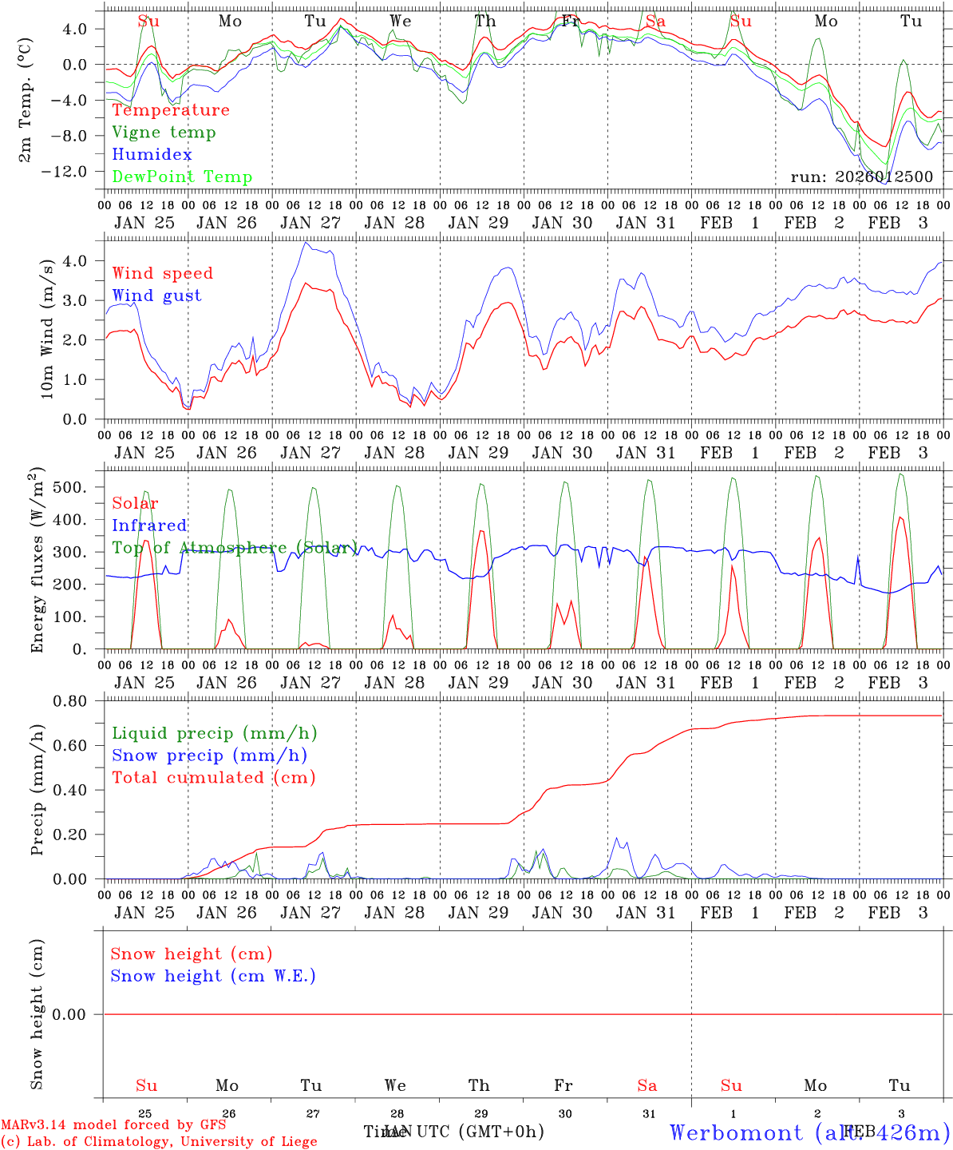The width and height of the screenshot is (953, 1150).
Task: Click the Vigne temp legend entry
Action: point(164,133)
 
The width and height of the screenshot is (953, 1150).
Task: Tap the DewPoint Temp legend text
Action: point(182,177)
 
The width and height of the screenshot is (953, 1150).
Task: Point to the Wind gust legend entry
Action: point(156,295)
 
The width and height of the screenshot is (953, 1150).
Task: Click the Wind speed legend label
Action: point(163,273)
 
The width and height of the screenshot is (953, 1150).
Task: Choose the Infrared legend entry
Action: point(149,525)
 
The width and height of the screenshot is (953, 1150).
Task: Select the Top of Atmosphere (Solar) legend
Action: point(235,548)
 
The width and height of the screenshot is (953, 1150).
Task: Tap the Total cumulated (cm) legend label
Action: point(214,778)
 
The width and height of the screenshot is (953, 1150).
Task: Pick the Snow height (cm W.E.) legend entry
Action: point(213,976)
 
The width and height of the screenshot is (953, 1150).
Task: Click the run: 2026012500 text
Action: point(861,176)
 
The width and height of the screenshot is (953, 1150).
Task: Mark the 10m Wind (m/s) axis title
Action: point(48,327)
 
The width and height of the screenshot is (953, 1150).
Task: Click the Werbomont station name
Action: point(809,1132)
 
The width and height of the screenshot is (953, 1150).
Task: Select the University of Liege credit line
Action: point(159,1141)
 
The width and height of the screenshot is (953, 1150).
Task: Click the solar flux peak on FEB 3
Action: point(900,517)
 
